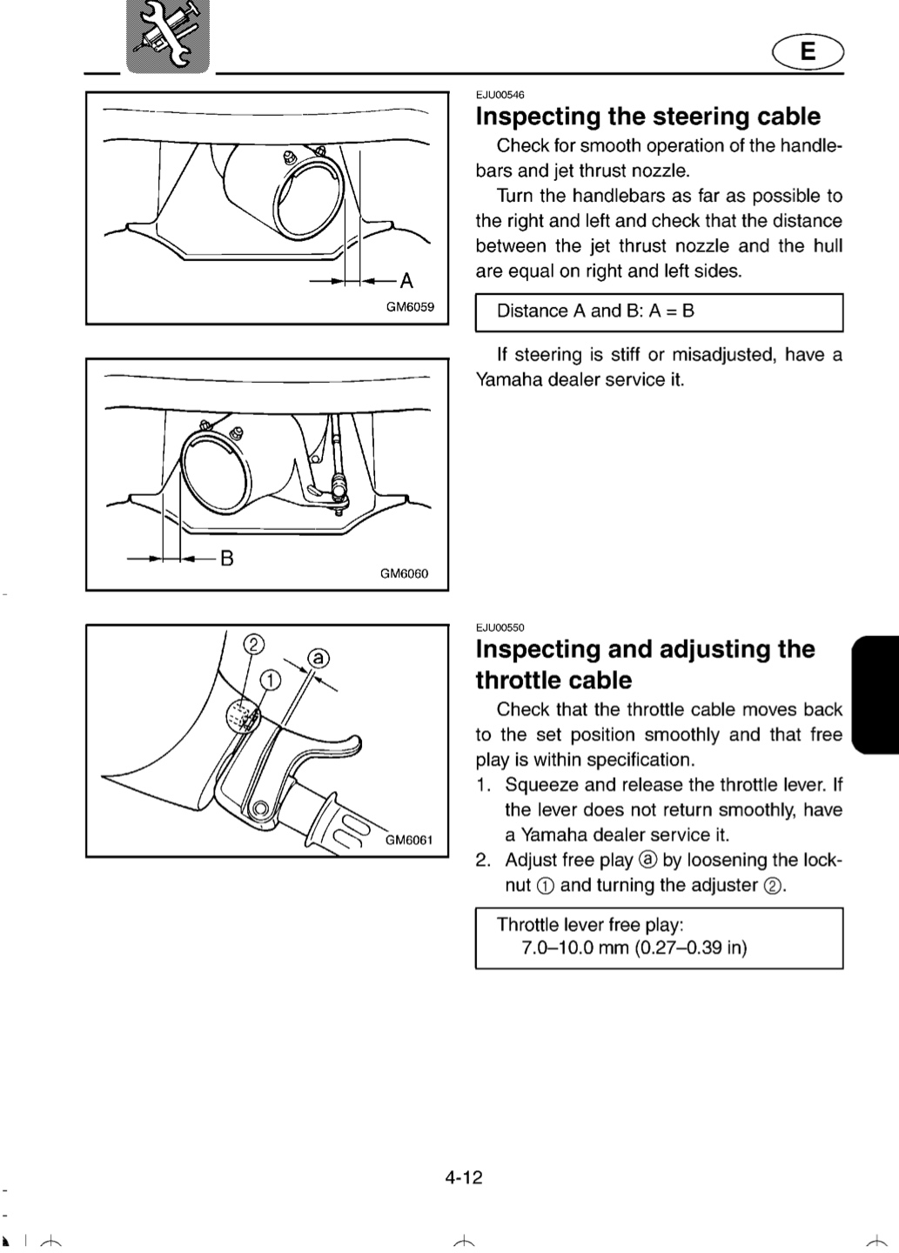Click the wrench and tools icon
tap(168, 36)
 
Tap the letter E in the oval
tap(808, 51)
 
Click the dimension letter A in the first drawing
tap(406, 280)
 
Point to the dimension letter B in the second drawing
tap(226, 558)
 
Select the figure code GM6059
tap(410, 307)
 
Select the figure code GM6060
tap(404, 573)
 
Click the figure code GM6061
tap(409, 840)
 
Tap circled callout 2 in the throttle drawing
tap(253, 645)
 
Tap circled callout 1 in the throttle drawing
tap(271, 680)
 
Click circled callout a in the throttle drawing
tap(319, 658)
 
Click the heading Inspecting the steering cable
tap(647, 117)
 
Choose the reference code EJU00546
tap(500, 95)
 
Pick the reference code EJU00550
tap(500, 627)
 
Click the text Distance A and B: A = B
tap(595, 311)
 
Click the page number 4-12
tap(464, 1177)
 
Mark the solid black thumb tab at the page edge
tap(876, 694)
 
